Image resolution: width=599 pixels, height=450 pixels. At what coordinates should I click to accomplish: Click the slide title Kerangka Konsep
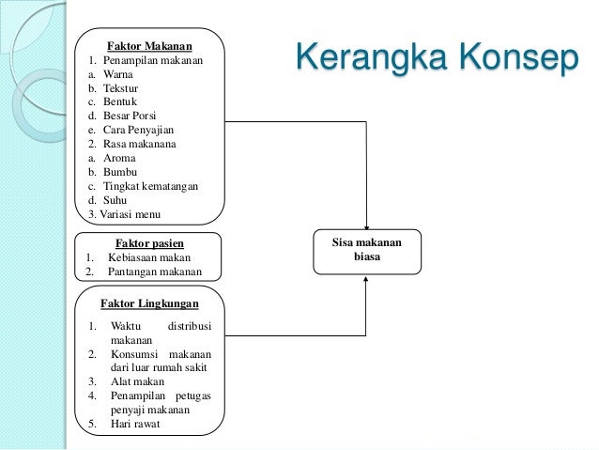436,58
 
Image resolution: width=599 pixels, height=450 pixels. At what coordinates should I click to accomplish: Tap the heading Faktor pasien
148,241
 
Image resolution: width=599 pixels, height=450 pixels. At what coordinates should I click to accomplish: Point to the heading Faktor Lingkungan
149,303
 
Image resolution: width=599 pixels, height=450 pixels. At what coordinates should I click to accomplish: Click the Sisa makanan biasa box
366,249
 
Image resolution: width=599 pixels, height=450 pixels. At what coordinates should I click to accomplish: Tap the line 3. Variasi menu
125,214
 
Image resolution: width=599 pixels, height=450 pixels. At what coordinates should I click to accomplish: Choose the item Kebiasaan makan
148,256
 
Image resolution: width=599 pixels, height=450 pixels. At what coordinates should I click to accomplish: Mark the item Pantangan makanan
154,272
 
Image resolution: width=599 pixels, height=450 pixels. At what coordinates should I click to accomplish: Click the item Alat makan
137,381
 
